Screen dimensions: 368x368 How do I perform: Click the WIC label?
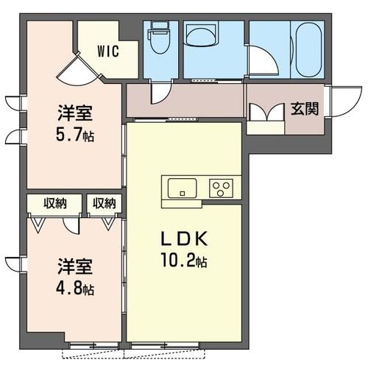tap(108, 52)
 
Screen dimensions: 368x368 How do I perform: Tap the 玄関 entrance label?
tap(305, 108)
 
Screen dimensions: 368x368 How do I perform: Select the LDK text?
tap(184, 238)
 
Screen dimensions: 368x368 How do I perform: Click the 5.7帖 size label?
tap(75, 135)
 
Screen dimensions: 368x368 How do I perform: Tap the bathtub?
tap(309, 51)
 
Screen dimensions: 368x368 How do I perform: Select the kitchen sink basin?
tap(182, 188)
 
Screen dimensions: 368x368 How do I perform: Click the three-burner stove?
tap(221, 188)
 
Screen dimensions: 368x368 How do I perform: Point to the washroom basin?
tap(201, 35)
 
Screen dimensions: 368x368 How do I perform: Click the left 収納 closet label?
tap(55, 203)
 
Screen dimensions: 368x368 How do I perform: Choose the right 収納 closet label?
tap(104, 203)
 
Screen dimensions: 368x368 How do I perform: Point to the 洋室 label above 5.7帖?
tap(75, 113)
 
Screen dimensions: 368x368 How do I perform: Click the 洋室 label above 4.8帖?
tap(75, 266)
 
